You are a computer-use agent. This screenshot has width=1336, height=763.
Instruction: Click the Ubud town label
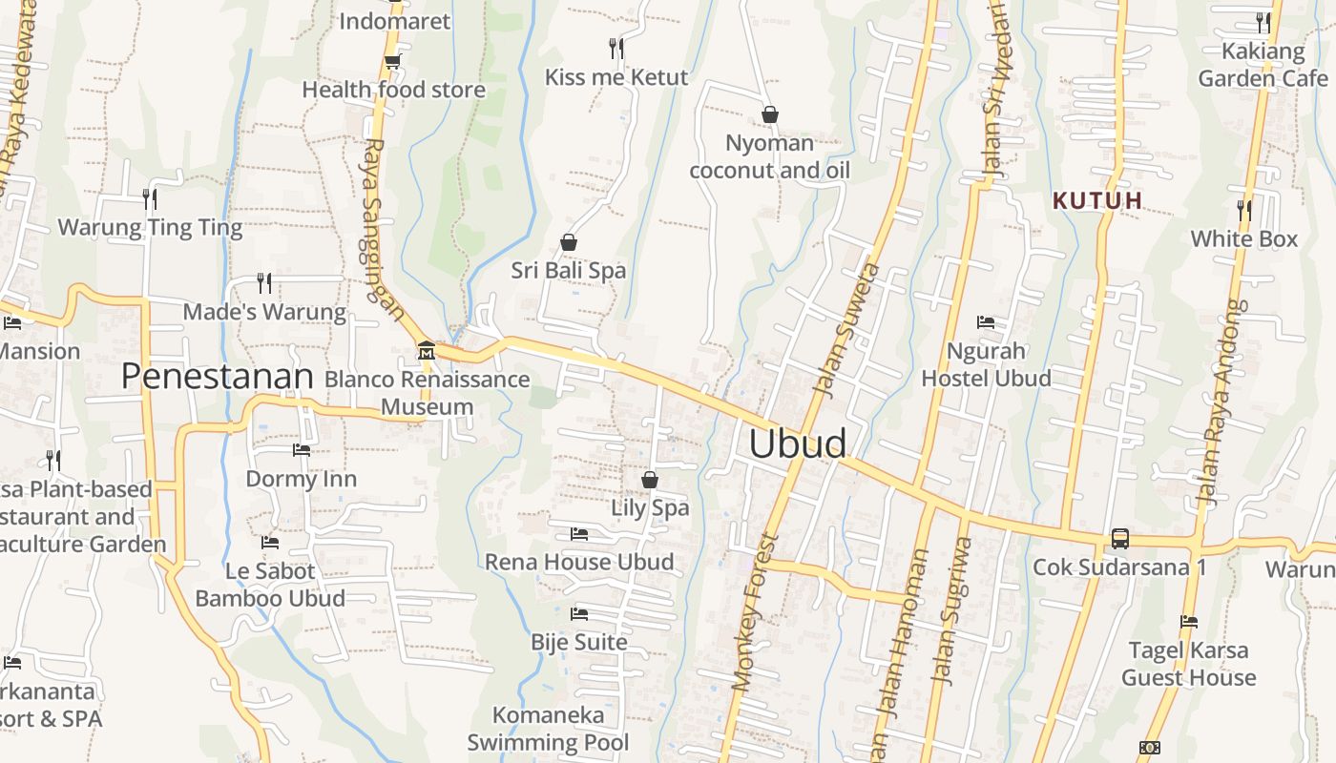tap(797, 444)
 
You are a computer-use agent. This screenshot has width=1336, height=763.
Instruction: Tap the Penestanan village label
tap(217, 377)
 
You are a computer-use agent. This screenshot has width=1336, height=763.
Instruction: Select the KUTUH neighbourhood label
tap(1097, 200)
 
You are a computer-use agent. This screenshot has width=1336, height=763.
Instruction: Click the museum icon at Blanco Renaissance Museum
tap(426, 352)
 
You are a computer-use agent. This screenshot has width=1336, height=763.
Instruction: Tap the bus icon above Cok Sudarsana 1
tap(1119, 539)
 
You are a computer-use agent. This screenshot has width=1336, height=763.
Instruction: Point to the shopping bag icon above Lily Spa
tap(650, 479)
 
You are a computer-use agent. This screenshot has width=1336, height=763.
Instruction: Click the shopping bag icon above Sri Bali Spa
tap(569, 242)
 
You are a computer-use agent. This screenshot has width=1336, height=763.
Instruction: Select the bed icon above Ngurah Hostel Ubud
tap(986, 322)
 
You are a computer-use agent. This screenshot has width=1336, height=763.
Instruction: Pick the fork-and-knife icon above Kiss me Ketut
tap(616, 48)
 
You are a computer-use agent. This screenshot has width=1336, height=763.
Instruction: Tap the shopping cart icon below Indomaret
tap(392, 62)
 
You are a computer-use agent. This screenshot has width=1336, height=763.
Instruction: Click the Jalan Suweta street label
tap(845, 329)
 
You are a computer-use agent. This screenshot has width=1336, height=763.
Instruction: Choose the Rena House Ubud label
tap(579, 562)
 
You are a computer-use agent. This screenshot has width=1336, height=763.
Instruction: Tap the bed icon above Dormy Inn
tap(302, 450)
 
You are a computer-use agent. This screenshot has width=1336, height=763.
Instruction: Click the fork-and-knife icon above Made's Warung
tap(264, 282)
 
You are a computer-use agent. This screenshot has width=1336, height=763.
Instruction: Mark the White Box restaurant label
tap(1244, 238)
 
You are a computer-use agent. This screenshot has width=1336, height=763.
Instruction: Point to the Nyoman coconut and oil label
tap(769, 156)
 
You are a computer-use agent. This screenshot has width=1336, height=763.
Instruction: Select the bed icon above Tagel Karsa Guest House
tap(1189, 622)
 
